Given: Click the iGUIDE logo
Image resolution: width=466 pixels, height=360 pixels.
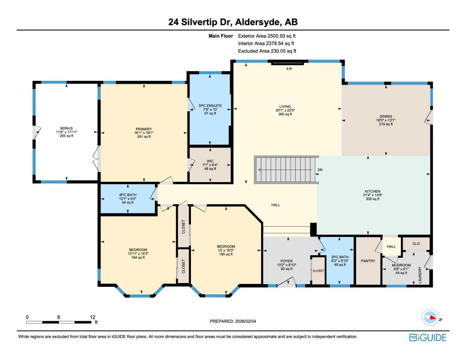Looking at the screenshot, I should (x=428, y=337).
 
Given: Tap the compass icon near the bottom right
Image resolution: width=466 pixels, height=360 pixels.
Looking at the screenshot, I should (x=430, y=317).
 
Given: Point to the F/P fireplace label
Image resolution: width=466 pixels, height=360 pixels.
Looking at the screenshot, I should (x=289, y=69).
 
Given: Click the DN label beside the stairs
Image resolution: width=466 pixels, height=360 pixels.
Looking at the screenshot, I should (x=320, y=170).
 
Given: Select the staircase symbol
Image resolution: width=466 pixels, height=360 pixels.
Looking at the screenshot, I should (x=286, y=170).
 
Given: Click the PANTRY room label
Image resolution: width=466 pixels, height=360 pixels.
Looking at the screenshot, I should (x=368, y=261).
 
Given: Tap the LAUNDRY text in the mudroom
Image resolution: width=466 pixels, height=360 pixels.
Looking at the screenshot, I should (x=420, y=275).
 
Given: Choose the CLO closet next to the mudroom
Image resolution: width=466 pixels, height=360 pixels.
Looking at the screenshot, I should (x=416, y=244).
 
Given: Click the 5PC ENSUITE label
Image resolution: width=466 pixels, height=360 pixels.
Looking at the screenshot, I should (x=210, y=105).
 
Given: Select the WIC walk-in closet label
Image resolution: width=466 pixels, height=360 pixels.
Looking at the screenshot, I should (x=210, y=161).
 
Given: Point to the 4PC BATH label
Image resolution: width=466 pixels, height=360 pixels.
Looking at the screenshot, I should (x=128, y=195).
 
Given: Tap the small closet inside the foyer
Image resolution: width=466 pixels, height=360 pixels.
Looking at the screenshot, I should (x=318, y=271).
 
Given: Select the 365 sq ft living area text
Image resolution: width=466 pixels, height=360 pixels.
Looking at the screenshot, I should (x=285, y=114).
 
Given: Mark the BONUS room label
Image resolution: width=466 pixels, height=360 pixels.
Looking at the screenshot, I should (x=66, y=128).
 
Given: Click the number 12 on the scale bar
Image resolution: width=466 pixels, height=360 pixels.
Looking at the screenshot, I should (x=92, y=317).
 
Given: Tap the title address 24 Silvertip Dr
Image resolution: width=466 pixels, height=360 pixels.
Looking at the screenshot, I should (x=199, y=22).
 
